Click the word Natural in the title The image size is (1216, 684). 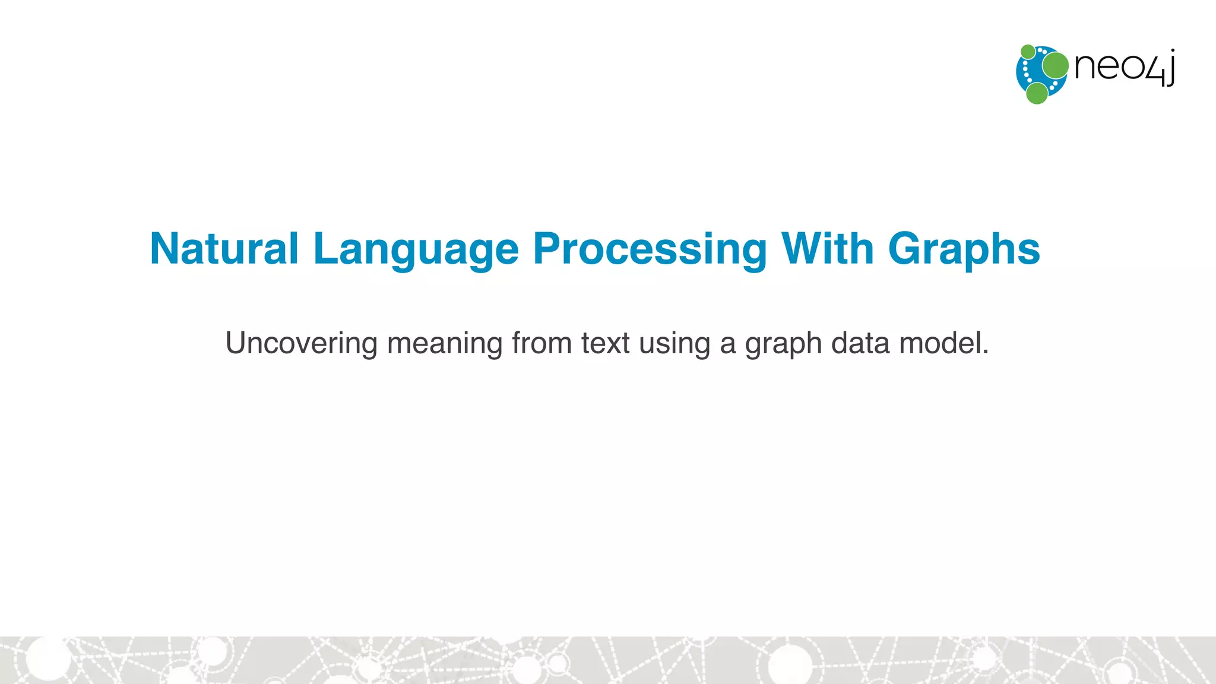pyautogui.click(x=224, y=248)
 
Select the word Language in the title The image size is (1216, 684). pyautogui.click(x=416, y=249)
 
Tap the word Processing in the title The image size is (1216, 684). pyautogui.click(x=650, y=249)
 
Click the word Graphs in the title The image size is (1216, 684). pyautogui.click(x=964, y=249)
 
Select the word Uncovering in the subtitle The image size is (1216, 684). pyautogui.click(x=301, y=343)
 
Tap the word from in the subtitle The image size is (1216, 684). pyautogui.click(x=541, y=343)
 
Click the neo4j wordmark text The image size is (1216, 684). pyautogui.click(x=1123, y=66)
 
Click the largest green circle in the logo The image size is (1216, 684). pyautogui.click(x=1055, y=65)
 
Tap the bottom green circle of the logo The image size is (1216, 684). pyautogui.click(x=1037, y=93)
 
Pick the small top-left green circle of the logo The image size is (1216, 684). pyautogui.click(x=1028, y=52)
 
